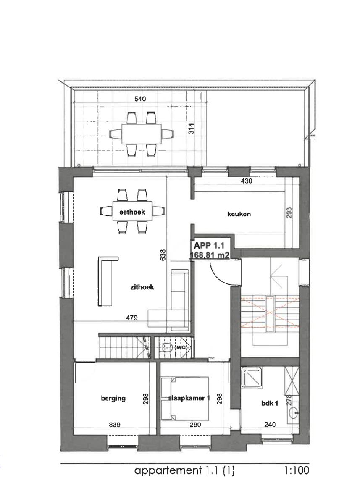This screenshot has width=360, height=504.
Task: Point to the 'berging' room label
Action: (113, 399)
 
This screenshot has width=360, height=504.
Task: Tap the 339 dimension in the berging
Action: (115, 425)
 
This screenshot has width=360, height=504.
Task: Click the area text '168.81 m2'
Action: (209, 255)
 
